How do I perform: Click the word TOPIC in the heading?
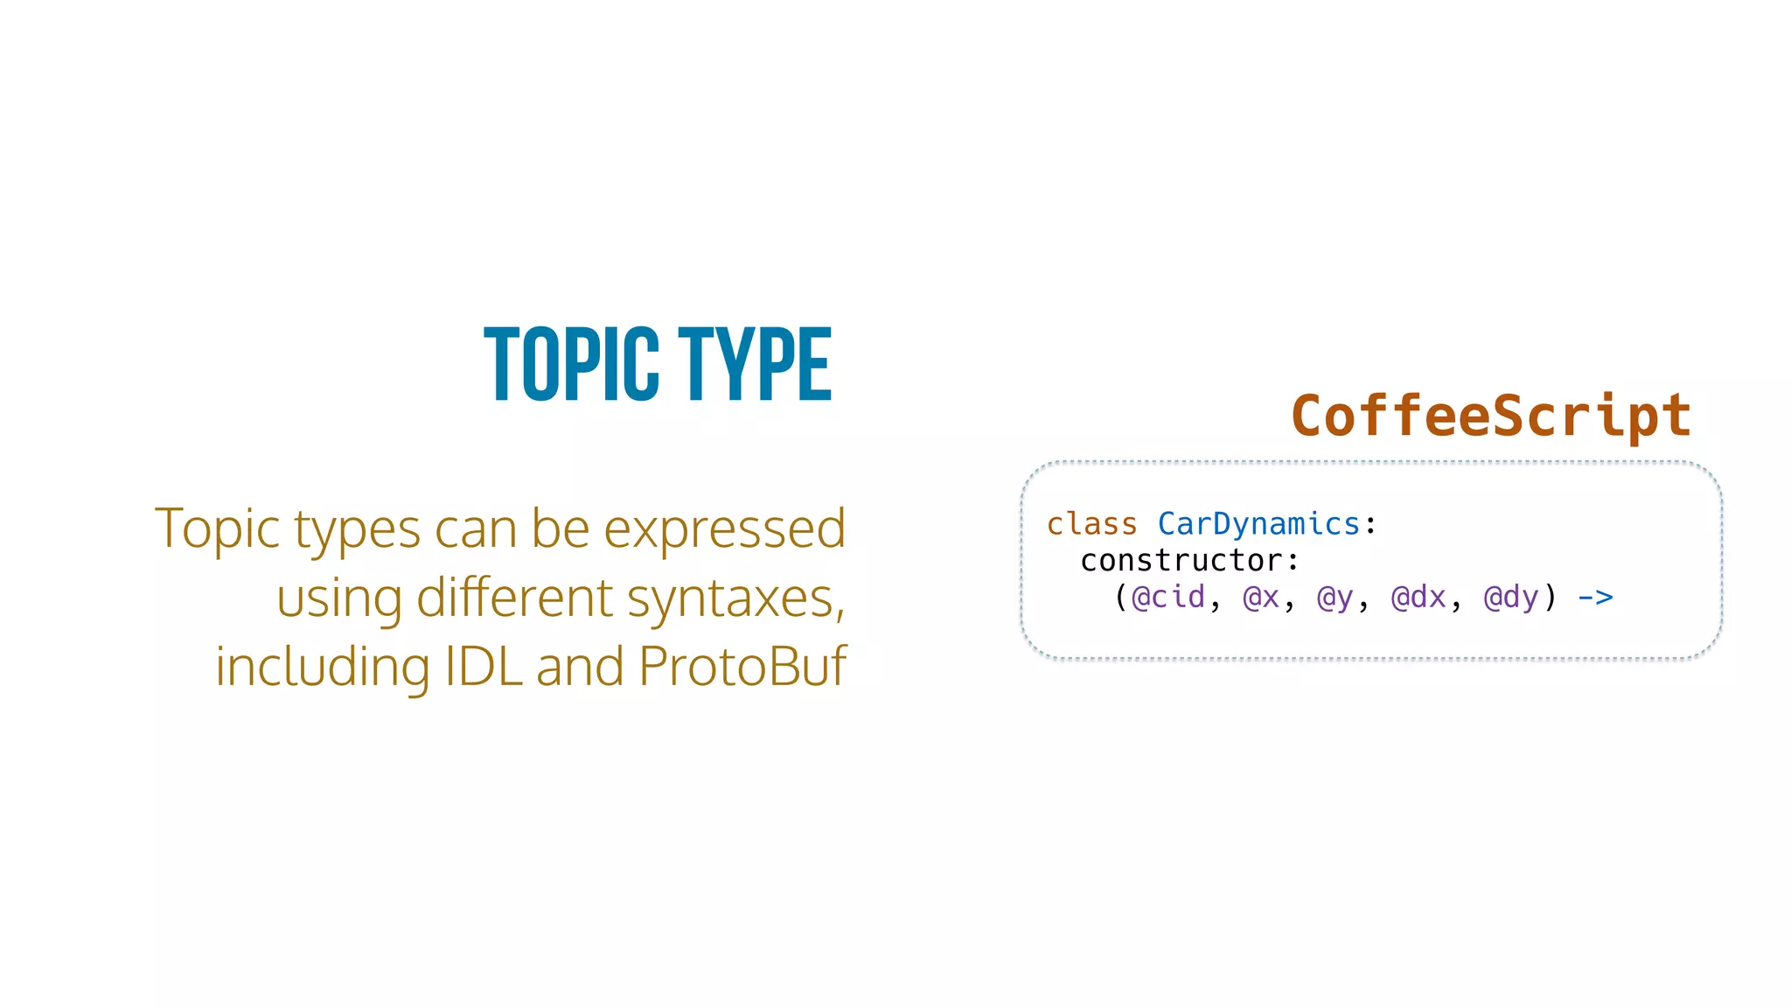tap(572, 365)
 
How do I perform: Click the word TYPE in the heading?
tap(755, 365)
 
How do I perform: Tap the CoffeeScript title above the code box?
tap(1491, 416)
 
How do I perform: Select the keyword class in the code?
tap(1092, 524)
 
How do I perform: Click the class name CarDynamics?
tap(1258, 524)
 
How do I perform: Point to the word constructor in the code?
tap(1181, 561)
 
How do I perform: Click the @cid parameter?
tap(1168, 598)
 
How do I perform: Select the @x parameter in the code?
tap(1261, 598)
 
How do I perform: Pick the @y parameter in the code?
tap(1335, 598)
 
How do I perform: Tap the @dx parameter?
tap(1418, 598)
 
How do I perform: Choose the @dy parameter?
tap(1511, 598)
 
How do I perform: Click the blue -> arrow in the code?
tap(1595, 598)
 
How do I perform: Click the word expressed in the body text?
tap(724, 529)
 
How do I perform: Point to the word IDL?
tap(484, 667)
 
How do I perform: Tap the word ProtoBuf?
tap(742, 667)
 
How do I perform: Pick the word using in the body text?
tap(339, 600)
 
